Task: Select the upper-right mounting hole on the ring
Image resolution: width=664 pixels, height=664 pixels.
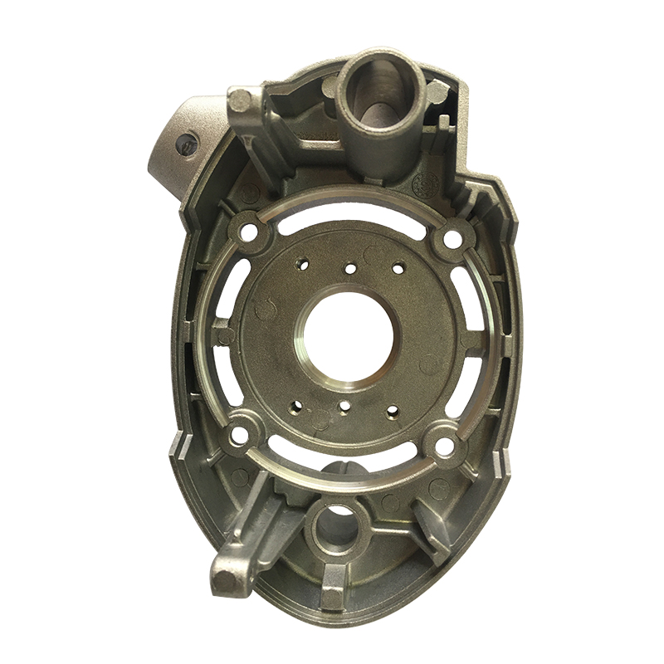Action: pos(452,239)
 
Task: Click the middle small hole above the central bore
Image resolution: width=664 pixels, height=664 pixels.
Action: pos(350,268)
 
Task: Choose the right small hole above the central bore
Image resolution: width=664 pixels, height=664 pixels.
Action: pos(398,267)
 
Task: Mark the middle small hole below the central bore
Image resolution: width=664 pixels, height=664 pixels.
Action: pos(344,407)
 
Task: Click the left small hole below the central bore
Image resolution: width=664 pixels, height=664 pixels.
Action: pos(296,408)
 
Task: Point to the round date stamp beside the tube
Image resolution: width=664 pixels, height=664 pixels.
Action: pos(431,182)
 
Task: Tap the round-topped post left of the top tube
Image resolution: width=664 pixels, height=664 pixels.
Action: pos(241,101)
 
